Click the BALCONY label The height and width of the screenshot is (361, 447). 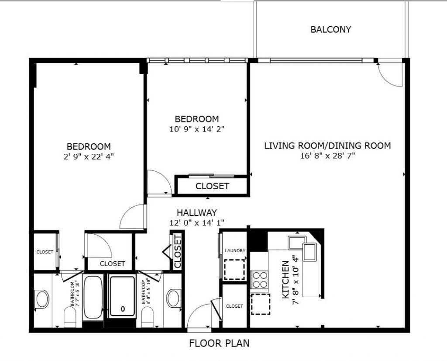click(x=330, y=30)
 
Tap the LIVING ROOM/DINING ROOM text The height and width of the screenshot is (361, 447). click(x=327, y=146)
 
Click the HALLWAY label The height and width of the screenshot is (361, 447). click(x=196, y=213)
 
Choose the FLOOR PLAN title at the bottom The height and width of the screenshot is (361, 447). click(x=219, y=343)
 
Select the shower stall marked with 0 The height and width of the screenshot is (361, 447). click(x=122, y=296)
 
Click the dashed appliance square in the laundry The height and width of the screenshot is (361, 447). click(x=234, y=269)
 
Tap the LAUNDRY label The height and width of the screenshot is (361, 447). click(x=235, y=250)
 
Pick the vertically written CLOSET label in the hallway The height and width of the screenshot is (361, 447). click(x=178, y=252)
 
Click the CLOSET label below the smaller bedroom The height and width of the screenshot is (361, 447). click(x=212, y=186)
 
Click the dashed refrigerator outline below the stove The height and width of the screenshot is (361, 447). click(x=261, y=304)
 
